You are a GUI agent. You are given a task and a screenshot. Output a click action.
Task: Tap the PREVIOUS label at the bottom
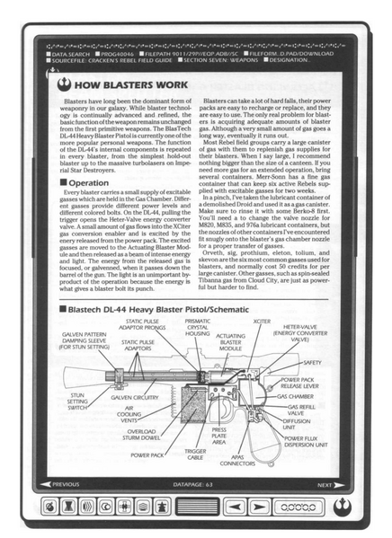[x=66, y=486]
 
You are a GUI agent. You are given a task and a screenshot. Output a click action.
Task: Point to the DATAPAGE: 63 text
[x=194, y=486]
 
